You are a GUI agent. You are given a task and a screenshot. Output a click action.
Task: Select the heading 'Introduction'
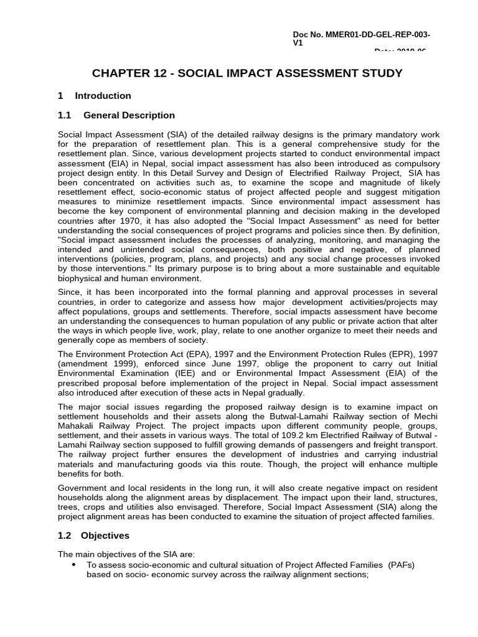click(103, 96)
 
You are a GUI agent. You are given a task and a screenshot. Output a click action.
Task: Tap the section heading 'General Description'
click(129, 116)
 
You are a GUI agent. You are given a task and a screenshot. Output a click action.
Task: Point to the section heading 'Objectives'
click(105, 536)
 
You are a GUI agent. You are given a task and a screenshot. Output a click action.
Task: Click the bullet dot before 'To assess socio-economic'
click(74, 564)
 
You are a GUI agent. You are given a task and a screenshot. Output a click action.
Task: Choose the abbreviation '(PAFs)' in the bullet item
click(401, 565)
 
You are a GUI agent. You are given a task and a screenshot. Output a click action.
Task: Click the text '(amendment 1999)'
click(93, 365)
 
